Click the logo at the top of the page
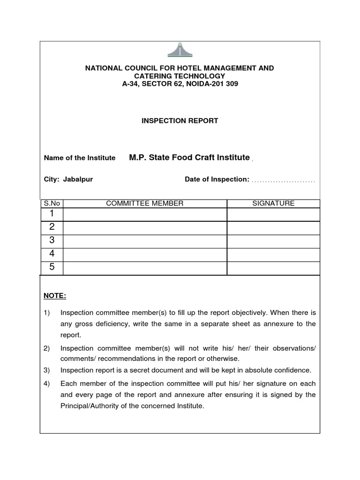coord(180,50)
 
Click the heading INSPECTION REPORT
coord(180,121)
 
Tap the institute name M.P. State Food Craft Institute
coord(189,157)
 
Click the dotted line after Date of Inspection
coord(283,180)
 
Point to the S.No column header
coord(52,203)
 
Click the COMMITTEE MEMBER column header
coord(145,203)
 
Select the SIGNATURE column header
coord(273,203)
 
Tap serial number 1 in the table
coord(52,214)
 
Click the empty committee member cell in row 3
coord(145,241)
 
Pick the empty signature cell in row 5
coord(273,268)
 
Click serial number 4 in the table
coord(52,254)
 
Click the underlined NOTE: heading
coord(55,296)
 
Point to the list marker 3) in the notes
coord(47,370)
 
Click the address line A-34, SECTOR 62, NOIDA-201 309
coord(180,84)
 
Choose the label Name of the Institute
coord(80,158)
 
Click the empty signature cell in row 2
coord(273,227)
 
